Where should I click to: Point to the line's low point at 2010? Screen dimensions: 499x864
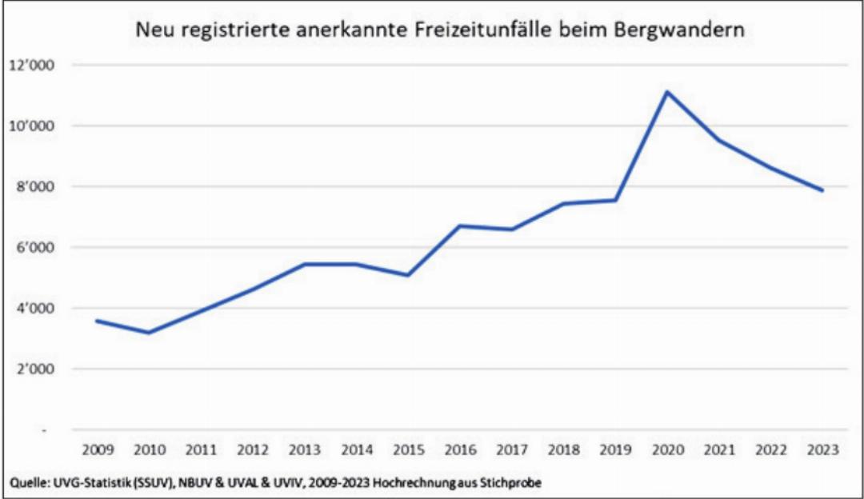tap(149, 333)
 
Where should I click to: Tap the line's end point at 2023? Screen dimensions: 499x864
tap(822, 190)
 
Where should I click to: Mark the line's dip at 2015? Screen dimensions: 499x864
tap(407, 275)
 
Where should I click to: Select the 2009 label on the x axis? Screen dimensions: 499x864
tap(96, 450)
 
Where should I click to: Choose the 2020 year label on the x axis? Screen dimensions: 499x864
tap(666, 450)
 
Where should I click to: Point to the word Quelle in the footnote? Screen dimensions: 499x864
tap(27, 483)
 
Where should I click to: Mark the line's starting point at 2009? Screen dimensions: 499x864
tap(97, 321)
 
